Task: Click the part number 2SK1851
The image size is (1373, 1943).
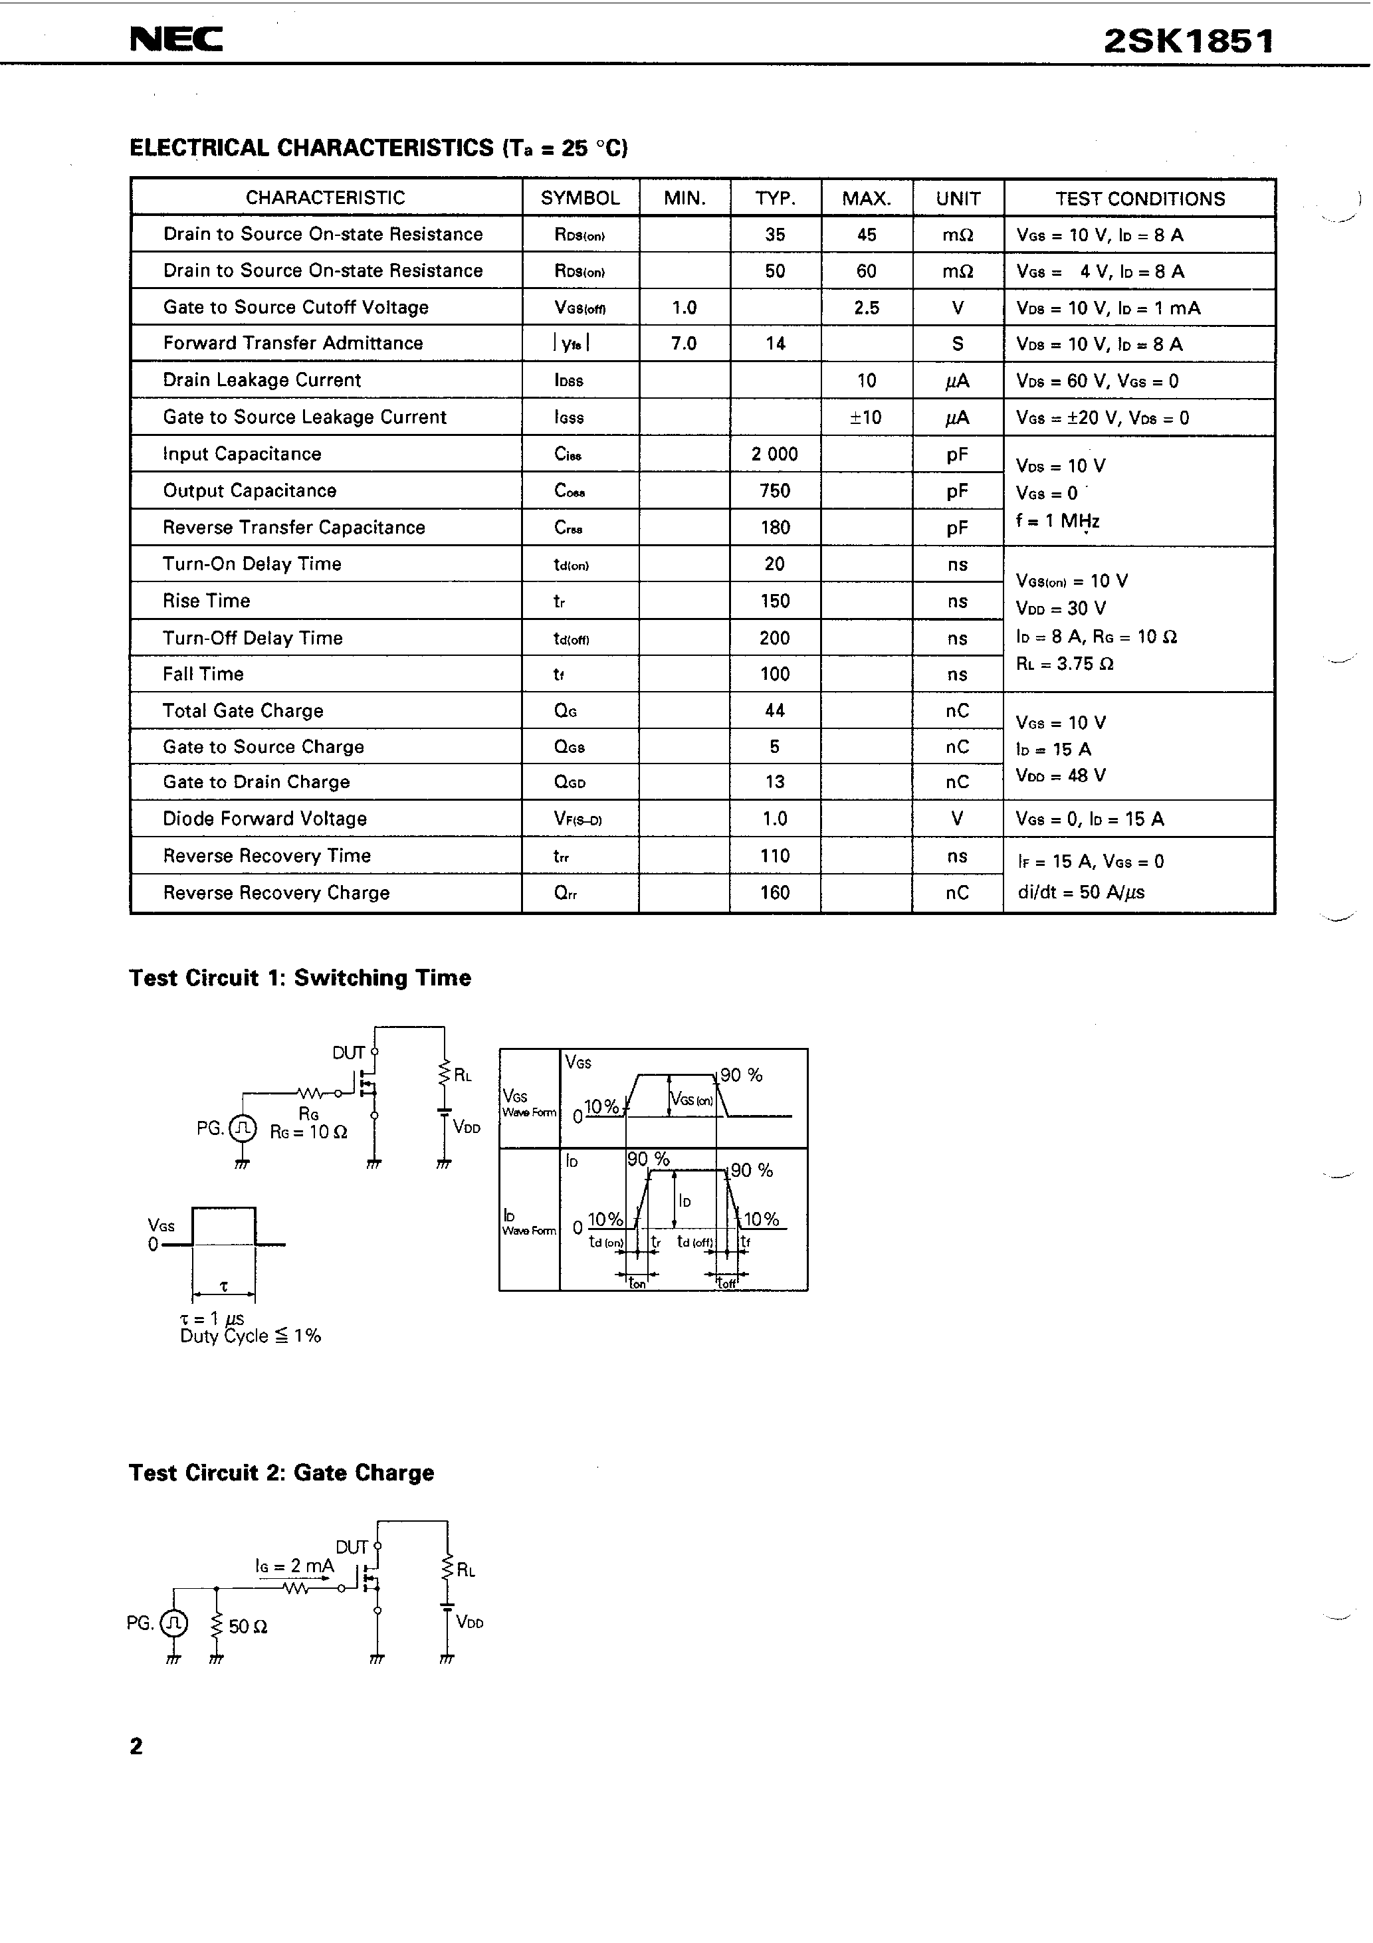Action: (x=1188, y=41)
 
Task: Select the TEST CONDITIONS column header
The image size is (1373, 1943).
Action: (x=1139, y=199)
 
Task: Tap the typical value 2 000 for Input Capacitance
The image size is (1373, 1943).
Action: (x=774, y=455)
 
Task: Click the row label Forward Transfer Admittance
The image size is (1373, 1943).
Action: (x=293, y=344)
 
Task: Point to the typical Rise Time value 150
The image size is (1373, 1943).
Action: (x=774, y=601)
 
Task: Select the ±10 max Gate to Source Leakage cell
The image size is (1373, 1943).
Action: (x=866, y=417)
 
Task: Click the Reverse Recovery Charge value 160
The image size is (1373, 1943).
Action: (x=774, y=893)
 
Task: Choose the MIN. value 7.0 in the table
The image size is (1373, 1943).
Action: (x=684, y=344)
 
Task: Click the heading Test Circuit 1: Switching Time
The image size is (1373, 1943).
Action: (x=300, y=978)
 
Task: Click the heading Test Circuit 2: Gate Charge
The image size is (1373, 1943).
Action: (x=281, y=1473)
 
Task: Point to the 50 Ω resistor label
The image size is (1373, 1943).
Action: (x=248, y=1627)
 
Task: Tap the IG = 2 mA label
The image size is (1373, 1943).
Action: (x=294, y=1566)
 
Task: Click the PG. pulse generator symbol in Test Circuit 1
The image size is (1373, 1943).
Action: (x=243, y=1128)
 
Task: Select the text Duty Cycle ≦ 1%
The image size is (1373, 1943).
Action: (x=251, y=1336)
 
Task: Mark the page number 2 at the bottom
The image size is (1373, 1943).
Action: (x=136, y=1746)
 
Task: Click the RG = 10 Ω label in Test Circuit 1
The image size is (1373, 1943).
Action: (x=309, y=1132)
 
